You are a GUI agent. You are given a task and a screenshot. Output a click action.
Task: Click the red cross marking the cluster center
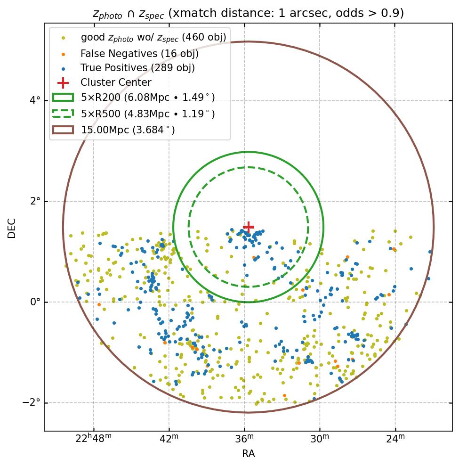coord(249,227)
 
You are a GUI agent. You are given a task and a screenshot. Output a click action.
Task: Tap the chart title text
coord(248,13)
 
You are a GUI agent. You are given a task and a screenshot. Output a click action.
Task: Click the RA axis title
coord(248,454)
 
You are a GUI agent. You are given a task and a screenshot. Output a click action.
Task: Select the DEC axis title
coord(12,228)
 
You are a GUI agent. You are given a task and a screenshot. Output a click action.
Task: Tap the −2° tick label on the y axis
coord(31,403)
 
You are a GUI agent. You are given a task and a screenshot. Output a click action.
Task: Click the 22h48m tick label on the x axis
coord(94,439)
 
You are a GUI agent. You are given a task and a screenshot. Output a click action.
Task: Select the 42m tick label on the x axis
coord(169,439)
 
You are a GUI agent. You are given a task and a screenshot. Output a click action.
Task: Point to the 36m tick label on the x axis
coord(244,439)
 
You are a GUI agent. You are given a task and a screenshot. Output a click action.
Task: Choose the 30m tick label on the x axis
coord(320,439)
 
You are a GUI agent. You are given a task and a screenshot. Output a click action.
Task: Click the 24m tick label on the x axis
coord(395,439)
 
